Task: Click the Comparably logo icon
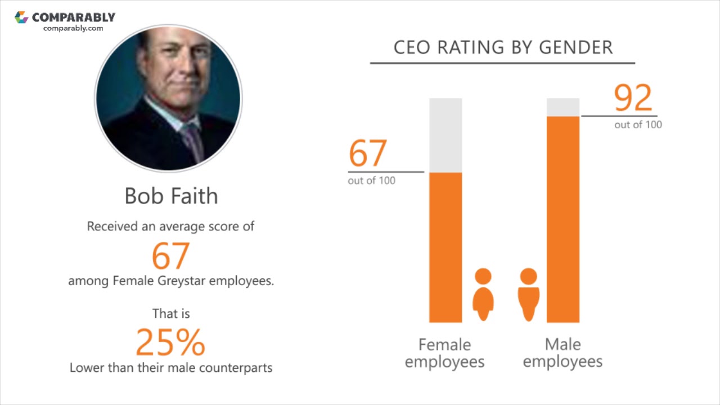pyautogui.click(x=21, y=17)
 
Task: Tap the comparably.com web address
pyautogui.click(x=73, y=28)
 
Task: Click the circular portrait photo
pyautogui.click(x=168, y=98)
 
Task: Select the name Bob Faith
pyautogui.click(x=171, y=196)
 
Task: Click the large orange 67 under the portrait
pyautogui.click(x=170, y=256)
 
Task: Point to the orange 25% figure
pyautogui.click(x=170, y=342)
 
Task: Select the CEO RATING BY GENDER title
pyautogui.click(x=503, y=47)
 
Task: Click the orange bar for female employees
pyautogui.click(x=445, y=247)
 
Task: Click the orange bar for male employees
pyautogui.click(x=563, y=219)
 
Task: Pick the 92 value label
pyautogui.click(x=633, y=99)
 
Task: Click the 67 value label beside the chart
pyautogui.click(x=368, y=153)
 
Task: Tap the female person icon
pyautogui.click(x=483, y=294)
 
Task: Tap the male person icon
pyautogui.click(x=528, y=294)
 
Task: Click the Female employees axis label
pyautogui.click(x=444, y=353)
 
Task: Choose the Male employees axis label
pyautogui.click(x=562, y=353)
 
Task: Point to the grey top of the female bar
pyautogui.click(x=445, y=135)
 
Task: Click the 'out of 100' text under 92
pyautogui.click(x=638, y=125)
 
